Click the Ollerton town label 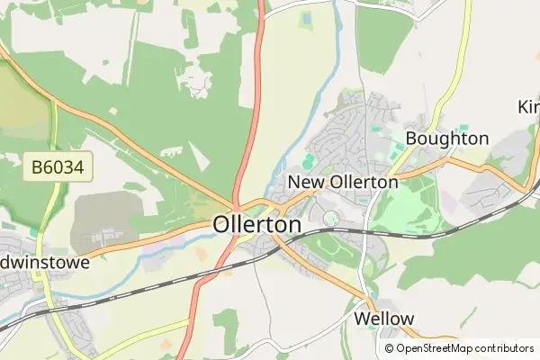[257, 224]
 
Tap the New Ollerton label [342, 182]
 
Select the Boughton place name [446, 139]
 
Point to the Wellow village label [384, 319]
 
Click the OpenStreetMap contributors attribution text [465, 348]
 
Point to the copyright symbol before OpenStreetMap [390, 348]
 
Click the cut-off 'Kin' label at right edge [528, 106]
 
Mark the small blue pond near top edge [305, 17]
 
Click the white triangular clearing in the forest [200, 155]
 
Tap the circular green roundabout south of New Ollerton [330, 217]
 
